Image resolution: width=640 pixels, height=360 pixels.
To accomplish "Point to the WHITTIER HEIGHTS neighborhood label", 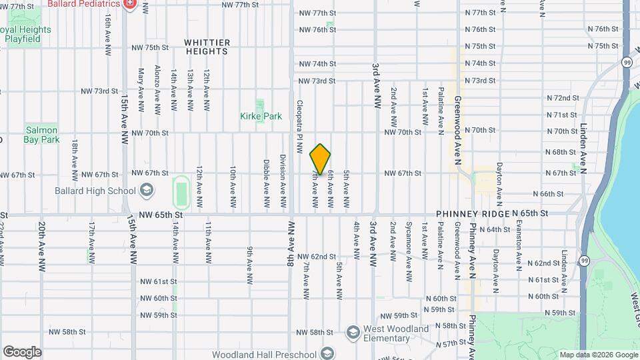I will [x=207, y=47].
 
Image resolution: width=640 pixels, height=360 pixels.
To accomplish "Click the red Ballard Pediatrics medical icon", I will [x=129, y=4].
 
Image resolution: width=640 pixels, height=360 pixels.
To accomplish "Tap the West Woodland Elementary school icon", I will [x=353, y=331].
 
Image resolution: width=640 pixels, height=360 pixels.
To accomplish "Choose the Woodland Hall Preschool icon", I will [x=327, y=353].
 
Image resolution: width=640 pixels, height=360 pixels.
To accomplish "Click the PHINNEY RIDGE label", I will [x=473, y=214].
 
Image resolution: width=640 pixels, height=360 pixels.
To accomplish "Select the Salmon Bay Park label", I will [x=42, y=135].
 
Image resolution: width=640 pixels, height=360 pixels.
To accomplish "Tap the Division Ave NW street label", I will [x=283, y=181].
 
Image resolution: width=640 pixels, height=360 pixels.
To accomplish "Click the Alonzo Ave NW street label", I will [x=157, y=89].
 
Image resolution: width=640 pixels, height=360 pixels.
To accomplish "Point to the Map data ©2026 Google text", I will [x=598, y=355].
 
